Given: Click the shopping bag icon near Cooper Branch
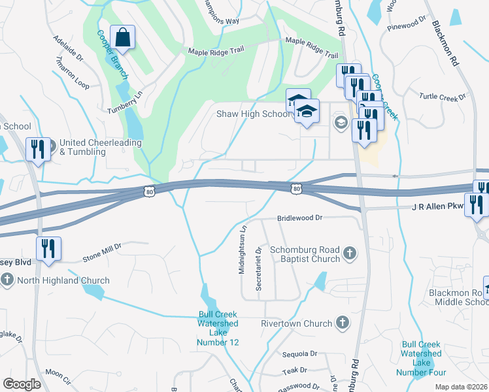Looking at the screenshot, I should click(x=122, y=39).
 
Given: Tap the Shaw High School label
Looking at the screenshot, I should click(x=252, y=114).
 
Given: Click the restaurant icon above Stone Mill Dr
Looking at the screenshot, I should click(x=48, y=249).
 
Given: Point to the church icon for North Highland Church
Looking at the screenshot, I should click(x=7, y=280).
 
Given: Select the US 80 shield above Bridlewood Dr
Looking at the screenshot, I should click(x=297, y=189).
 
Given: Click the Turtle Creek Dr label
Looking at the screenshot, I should click(x=438, y=97).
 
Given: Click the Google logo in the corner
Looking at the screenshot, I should click(x=22, y=384).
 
